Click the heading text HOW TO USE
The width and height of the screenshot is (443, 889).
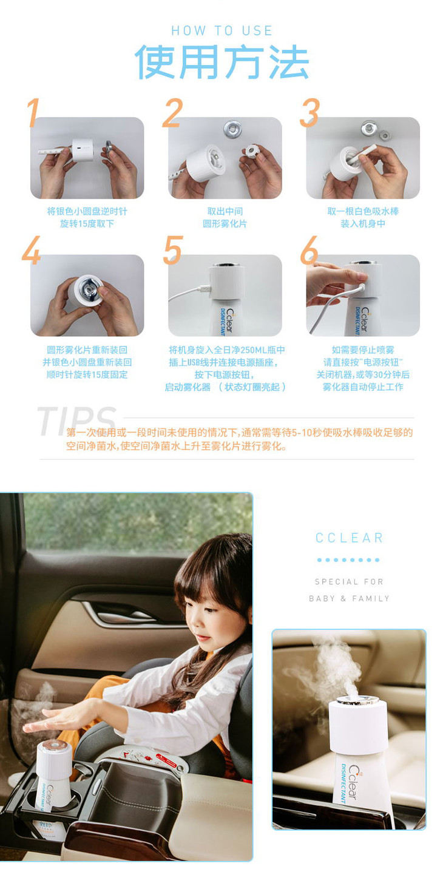tap(221, 31)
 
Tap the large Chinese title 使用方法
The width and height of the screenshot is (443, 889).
tap(221, 62)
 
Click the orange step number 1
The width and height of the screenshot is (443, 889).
tap(34, 113)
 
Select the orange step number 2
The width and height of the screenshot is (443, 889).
tap(173, 113)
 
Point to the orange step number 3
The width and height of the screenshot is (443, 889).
tap(309, 113)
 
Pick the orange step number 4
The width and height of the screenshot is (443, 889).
tap(32, 250)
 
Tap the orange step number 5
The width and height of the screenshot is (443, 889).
tap(173, 250)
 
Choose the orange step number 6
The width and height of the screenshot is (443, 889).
tap(309, 250)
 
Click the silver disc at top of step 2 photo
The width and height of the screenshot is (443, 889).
tap(232, 128)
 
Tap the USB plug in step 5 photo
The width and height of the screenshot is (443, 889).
tap(205, 288)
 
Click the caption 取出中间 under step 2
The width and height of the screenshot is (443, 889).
tap(225, 211)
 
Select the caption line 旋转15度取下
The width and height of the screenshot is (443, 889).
tap(87, 223)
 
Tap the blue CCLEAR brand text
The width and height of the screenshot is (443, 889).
tap(350, 538)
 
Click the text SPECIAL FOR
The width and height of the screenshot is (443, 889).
tap(350, 582)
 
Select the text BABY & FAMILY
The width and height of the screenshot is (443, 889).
tap(350, 598)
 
